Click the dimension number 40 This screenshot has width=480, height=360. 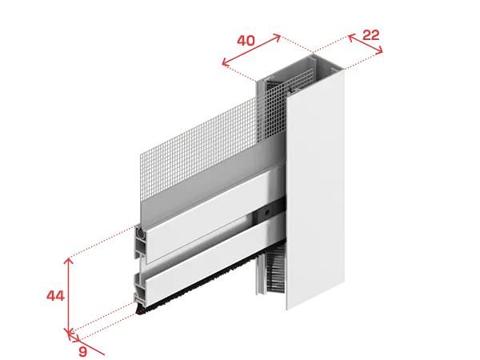pyautogui.click(x=246, y=41)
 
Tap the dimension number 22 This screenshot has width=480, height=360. pyautogui.click(x=370, y=35)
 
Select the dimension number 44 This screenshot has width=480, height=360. pyautogui.click(x=55, y=296)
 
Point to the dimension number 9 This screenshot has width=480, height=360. pyautogui.click(x=82, y=351)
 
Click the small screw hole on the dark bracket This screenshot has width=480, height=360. pyautogui.click(x=267, y=212)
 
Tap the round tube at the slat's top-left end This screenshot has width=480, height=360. pyautogui.click(x=141, y=232)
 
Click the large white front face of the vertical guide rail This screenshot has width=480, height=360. pyautogui.click(x=315, y=190)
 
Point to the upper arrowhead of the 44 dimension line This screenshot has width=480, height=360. pyautogui.click(x=69, y=261)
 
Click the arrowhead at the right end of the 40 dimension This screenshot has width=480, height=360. pyautogui.click(x=277, y=38)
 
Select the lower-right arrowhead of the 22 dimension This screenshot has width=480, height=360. pyautogui.click(x=379, y=50)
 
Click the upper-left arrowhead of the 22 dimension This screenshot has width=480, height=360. pyautogui.click(x=351, y=38)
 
